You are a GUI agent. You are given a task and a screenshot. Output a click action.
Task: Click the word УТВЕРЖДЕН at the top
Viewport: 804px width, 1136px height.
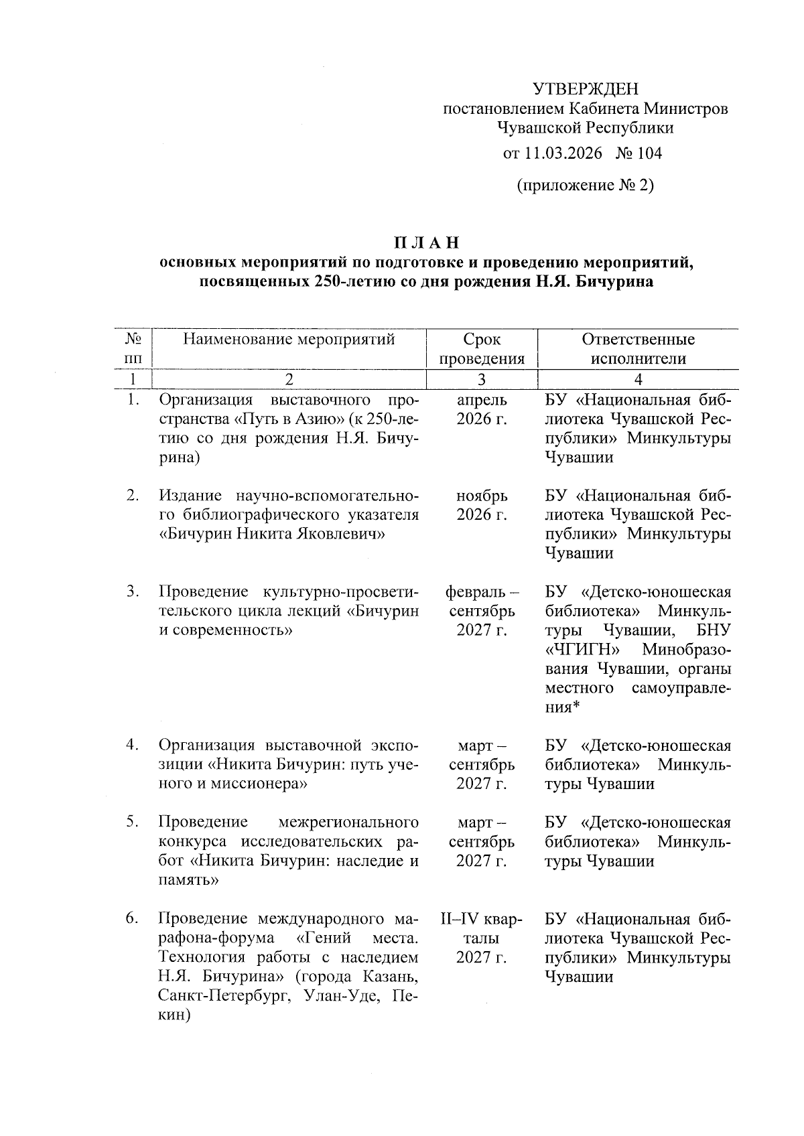pyautogui.click(x=586, y=88)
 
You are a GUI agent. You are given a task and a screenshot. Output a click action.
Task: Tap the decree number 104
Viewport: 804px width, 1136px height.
pyautogui.click(x=649, y=153)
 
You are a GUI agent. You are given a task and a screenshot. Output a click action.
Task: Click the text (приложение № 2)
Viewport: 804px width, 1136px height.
pyautogui.click(x=585, y=185)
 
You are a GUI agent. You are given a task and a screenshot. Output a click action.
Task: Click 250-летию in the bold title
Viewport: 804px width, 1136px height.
pyautogui.click(x=349, y=281)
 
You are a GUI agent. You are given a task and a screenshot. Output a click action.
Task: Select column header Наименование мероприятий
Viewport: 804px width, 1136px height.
pyautogui.click(x=289, y=340)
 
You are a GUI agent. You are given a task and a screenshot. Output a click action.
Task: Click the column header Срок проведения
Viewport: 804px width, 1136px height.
pyautogui.click(x=482, y=349)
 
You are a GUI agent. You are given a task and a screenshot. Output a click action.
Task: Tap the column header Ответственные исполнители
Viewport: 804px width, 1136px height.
pyautogui.click(x=638, y=349)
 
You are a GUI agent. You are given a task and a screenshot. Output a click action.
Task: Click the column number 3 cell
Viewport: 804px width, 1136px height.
pyautogui.click(x=482, y=380)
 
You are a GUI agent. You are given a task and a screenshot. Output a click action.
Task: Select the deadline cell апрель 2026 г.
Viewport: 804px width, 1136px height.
pyautogui.click(x=482, y=410)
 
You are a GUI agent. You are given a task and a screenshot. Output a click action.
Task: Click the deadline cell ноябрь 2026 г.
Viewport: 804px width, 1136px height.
pyautogui.click(x=482, y=506)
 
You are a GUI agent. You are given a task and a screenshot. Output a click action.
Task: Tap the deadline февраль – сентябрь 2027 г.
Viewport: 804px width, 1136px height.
pyautogui.click(x=482, y=611)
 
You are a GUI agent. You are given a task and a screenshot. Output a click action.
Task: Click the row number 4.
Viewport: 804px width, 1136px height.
pyautogui.click(x=132, y=745)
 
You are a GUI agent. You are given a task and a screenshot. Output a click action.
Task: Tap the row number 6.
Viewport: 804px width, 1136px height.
pyautogui.click(x=132, y=918)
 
